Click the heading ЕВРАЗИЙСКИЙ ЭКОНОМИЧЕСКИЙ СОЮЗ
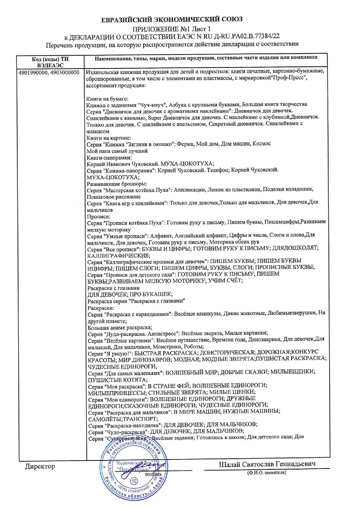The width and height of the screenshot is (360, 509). [172, 19]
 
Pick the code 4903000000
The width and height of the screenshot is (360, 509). [65, 73]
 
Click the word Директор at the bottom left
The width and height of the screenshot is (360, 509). [40, 466]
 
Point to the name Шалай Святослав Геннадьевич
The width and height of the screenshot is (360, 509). [267, 464]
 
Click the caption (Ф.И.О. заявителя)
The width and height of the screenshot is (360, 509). [267, 473]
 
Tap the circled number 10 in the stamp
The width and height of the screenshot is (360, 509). [134, 481]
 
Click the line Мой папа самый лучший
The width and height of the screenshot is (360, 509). [117, 151]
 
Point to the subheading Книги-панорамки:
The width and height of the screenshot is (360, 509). [109, 158]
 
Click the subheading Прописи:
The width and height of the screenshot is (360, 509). [99, 216]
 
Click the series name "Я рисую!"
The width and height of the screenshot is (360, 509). [118, 354]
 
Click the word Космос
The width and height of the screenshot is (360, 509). [261, 144]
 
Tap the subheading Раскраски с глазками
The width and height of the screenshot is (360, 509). [114, 288]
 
